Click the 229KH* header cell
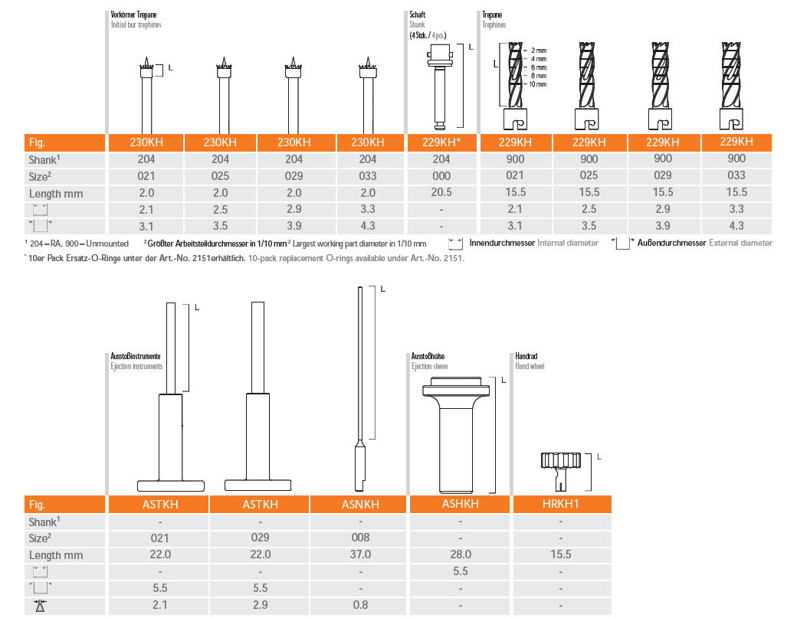coord(441,142)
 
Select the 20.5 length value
coord(441,192)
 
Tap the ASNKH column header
coord(360,504)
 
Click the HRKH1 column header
coord(561,504)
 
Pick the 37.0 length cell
coord(360,554)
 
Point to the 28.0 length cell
coord(461,554)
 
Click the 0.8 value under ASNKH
coord(360,605)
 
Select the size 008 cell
coord(360,538)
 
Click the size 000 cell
coord(441,175)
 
